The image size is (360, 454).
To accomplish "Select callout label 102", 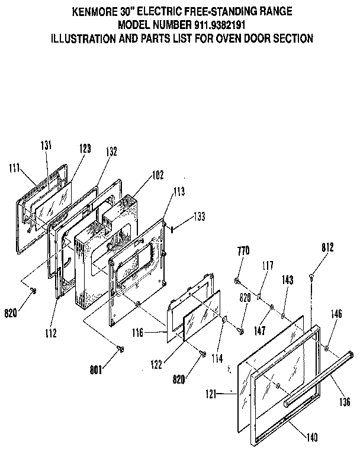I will [x=157, y=175].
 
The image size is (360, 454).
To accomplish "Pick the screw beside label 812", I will [x=311, y=275].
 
